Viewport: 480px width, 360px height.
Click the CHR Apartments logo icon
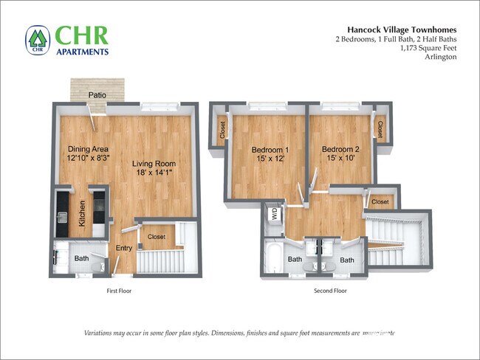[x=38, y=41]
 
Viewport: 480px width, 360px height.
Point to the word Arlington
[x=441, y=57]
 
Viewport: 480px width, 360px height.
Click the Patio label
[x=96, y=95]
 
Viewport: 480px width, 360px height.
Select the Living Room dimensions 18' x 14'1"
[x=157, y=173]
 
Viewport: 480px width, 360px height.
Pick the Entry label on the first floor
[x=123, y=249]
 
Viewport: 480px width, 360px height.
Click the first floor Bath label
[x=81, y=258]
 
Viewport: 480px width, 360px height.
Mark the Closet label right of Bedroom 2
[x=380, y=129]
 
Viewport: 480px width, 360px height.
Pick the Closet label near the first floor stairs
[x=157, y=237]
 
